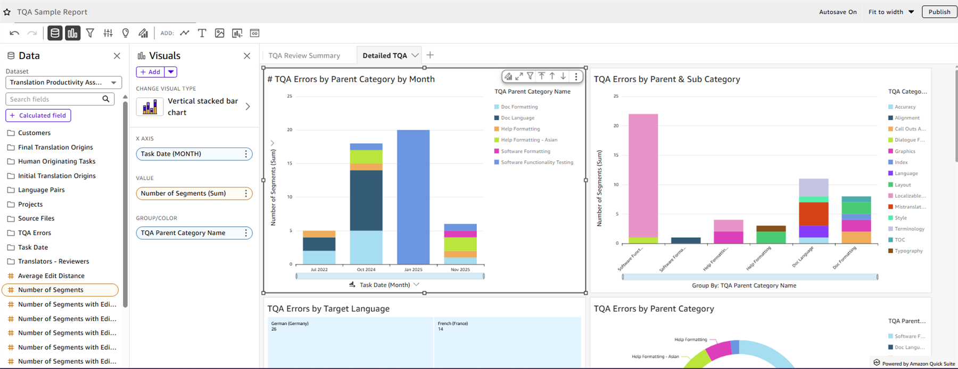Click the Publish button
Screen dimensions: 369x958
click(939, 12)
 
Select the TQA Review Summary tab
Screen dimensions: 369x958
click(304, 55)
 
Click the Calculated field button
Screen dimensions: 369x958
click(38, 116)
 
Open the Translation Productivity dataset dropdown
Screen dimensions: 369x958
click(63, 83)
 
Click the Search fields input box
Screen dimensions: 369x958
click(54, 99)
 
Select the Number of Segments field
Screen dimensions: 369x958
click(51, 290)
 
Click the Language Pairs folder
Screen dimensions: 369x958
click(41, 190)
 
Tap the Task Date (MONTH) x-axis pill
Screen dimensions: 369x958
click(189, 154)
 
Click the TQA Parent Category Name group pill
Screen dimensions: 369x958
click(189, 233)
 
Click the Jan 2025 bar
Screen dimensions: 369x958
click(413, 197)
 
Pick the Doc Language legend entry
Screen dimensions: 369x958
click(517, 118)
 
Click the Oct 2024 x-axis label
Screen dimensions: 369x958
click(366, 269)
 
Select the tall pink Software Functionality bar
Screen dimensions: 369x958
click(643, 176)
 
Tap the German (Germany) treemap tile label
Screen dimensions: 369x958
click(290, 324)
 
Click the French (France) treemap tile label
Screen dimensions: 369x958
click(452, 324)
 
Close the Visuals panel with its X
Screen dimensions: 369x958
click(247, 56)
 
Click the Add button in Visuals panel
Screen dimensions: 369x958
click(151, 72)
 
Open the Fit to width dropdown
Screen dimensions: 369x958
click(891, 12)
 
